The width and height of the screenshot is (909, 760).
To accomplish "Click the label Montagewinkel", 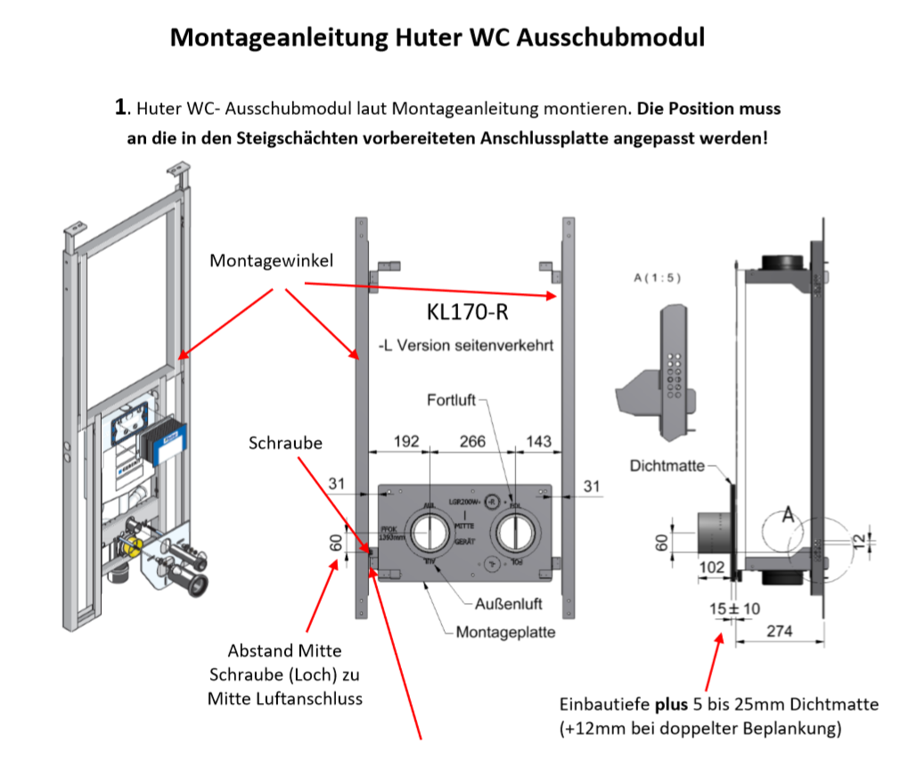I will [259, 260].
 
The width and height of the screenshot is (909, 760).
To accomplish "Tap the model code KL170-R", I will [467, 313].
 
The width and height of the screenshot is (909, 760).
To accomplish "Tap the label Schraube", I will [285, 443].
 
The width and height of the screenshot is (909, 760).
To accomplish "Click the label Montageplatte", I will [505, 633].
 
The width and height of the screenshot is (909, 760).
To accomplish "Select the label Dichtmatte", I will [667, 465].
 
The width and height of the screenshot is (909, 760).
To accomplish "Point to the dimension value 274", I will [778, 632].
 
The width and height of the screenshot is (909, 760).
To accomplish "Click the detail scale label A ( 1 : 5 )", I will [657, 278].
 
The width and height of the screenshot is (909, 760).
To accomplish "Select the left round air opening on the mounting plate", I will [430, 535].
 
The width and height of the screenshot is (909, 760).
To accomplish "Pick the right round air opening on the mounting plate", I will [515, 534].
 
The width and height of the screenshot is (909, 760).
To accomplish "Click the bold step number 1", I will [122, 109].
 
